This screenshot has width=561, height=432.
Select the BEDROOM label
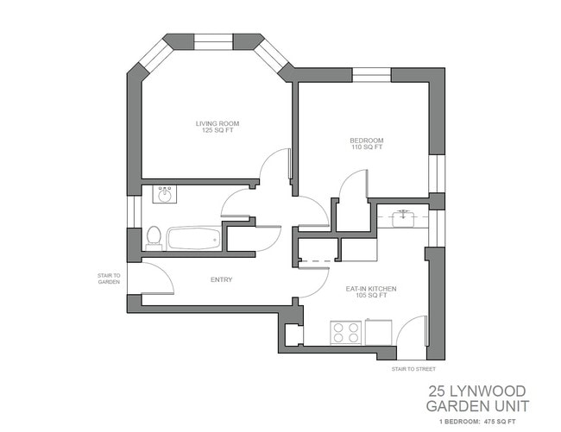point(366,141)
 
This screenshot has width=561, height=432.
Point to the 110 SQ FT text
point(366,148)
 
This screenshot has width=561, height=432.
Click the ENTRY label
point(221,279)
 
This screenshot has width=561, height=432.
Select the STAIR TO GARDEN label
point(108,279)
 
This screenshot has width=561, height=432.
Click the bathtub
point(192,238)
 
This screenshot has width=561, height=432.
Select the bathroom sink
point(165,194)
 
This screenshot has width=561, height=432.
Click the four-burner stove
point(346,332)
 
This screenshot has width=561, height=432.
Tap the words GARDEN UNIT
point(477,405)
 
